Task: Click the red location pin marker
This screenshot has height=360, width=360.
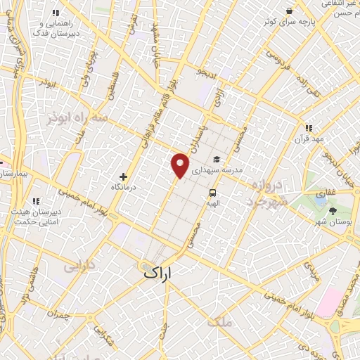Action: pos(180,165)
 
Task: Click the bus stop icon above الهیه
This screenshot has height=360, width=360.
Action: pos(211,192)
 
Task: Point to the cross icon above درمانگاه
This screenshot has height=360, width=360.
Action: pos(124,176)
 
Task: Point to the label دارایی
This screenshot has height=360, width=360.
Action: pos(78,267)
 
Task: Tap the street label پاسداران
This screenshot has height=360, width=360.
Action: pos(195,137)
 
